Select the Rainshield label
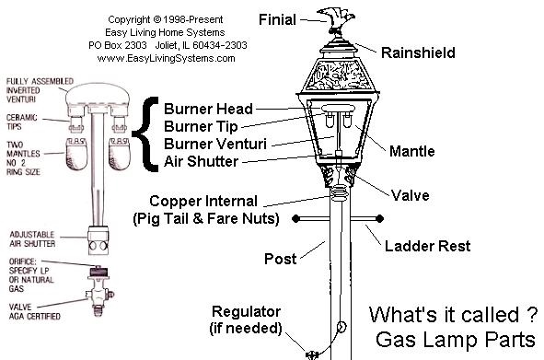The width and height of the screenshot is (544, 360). [419, 53]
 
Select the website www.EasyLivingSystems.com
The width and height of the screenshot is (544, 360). [166, 57]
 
